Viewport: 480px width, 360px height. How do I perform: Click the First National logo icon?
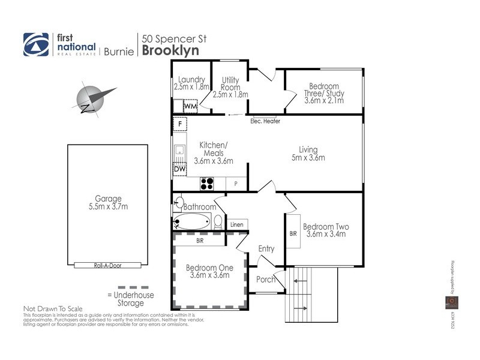(35, 44)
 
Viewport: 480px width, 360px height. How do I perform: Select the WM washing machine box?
(191, 106)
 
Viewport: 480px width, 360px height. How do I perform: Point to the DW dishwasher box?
(179, 170)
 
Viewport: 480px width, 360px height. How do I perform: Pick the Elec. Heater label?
(265, 121)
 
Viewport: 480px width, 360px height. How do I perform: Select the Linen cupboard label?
(237, 224)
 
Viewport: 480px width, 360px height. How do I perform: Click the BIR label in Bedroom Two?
(293, 233)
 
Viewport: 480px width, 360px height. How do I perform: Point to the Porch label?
(266, 280)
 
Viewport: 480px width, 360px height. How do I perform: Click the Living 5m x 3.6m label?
(308, 154)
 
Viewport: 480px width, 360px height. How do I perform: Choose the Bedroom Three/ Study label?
(324, 94)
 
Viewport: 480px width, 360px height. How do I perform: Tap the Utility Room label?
(230, 87)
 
